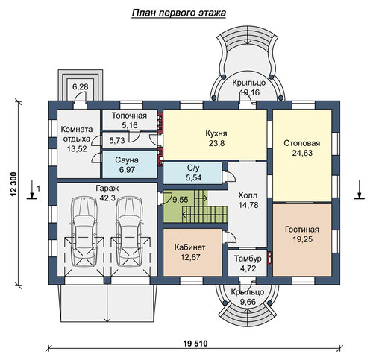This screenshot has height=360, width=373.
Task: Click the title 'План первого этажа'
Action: click(178, 13)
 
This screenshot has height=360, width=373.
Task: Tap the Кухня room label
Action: click(216, 133)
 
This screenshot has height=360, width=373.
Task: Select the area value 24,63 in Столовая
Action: click(302, 153)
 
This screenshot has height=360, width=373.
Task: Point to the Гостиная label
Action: click(302, 229)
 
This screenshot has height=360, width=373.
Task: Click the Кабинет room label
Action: click(190, 247)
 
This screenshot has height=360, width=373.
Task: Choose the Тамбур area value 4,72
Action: click(248, 268)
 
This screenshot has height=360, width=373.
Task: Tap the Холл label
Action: click(248, 195)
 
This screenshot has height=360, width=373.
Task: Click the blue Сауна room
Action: click(130, 165)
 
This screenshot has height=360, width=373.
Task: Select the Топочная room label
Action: click(129, 116)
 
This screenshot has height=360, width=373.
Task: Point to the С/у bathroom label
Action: click(193, 168)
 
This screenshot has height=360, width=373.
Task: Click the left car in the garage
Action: click(84, 232)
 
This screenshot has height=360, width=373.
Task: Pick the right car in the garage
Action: click(130, 232)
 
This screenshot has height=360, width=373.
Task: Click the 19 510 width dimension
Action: click(195, 344)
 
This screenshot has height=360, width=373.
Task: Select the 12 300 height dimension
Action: click(13, 184)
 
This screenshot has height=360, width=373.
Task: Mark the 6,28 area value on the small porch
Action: click(81, 87)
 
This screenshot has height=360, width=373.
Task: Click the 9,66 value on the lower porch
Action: click(248, 302)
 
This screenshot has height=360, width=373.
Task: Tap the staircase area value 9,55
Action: click(181, 200)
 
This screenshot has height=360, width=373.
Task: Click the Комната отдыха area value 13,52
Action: click(77, 148)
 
